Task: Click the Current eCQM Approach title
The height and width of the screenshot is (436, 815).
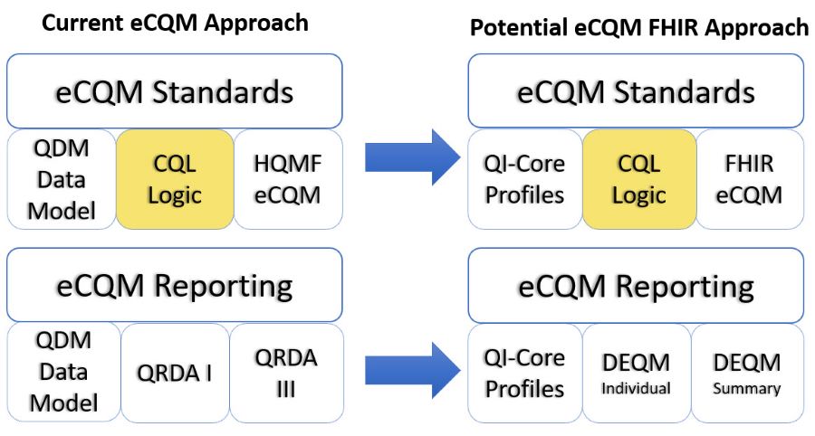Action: [175, 23]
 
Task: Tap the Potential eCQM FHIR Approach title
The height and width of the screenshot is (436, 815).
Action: [639, 27]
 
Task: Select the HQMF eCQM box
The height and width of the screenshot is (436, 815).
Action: [289, 179]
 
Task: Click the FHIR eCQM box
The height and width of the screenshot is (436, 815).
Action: [750, 179]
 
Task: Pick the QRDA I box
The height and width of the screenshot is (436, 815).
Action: [175, 373]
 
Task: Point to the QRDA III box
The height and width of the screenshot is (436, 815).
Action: [286, 373]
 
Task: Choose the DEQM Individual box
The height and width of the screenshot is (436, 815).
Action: [637, 373]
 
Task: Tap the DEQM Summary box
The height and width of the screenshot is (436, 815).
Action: [747, 373]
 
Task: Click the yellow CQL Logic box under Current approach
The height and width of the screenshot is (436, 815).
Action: [175, 179]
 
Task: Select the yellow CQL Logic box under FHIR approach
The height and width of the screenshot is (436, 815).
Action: [638, 179]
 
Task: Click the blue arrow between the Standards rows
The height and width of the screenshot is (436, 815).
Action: [413, 156]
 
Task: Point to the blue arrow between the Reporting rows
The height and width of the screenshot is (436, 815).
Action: [413, 370]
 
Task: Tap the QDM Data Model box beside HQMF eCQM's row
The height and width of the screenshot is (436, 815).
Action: [62, 179]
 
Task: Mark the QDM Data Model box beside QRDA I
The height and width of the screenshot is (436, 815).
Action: [63, 373]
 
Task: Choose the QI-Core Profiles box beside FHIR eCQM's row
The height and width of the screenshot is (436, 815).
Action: [525, 179]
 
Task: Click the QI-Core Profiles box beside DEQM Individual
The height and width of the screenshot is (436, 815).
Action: [525, 373]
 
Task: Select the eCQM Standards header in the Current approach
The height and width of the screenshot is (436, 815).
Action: [175, 91]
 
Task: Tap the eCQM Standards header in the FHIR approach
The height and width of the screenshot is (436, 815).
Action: [637, 91]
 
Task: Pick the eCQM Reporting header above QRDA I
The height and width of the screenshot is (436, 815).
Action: [175, 285]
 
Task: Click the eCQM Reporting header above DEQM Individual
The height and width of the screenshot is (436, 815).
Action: [637, 286]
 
